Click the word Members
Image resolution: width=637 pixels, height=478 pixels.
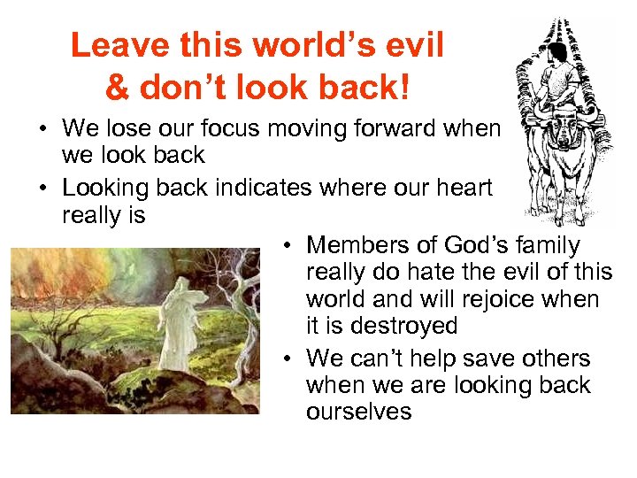tap(358, 245)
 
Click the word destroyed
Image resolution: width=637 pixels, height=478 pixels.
tap(405, 326)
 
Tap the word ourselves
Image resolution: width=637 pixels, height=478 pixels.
tap(358, 412)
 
